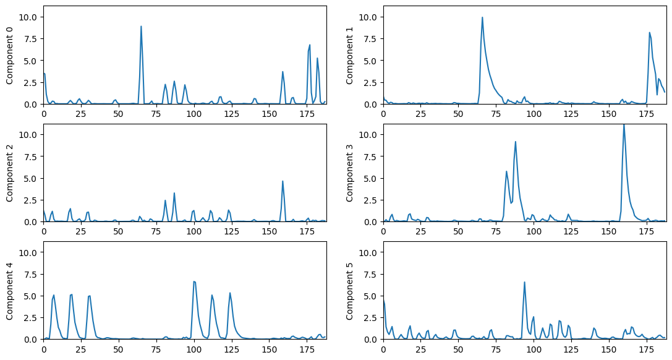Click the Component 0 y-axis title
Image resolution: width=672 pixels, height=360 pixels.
click(x=10, y=55)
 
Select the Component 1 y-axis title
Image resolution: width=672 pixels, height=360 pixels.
click(x=350, y=55)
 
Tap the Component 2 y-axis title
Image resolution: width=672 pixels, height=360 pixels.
click(x=10, y=173)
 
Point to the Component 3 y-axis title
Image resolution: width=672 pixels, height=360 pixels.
click(x=350, y=173)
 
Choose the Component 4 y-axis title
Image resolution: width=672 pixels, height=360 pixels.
click(x=10, y=290)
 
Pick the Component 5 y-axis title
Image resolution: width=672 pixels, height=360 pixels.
click(x=350, y=290)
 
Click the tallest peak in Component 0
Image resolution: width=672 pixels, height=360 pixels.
click(x=141, y=27)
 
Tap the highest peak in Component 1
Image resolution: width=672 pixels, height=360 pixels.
click(x=482, y=17)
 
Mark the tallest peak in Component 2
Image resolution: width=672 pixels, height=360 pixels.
click(x=283, y=181)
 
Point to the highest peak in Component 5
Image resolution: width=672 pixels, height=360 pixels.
click(x=524, y=282)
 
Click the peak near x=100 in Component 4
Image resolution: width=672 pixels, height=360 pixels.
click(x=194, y=281)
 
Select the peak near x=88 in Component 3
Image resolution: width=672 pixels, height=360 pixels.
click(x=516, y=142)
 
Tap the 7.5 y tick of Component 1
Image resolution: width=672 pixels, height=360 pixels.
click(x=371, y=38)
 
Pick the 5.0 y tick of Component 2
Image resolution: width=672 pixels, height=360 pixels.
click(x=32, y=178)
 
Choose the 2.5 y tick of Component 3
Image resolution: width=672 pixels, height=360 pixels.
click(x=371, y=200)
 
